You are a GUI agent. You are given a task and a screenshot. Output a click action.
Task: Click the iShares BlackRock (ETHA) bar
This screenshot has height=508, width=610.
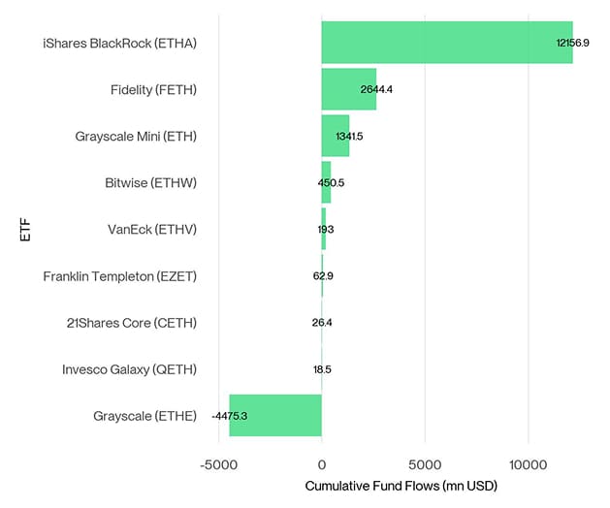coord(446,43)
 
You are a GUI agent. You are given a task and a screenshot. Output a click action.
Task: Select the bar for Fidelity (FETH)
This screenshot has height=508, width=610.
coord(348,89)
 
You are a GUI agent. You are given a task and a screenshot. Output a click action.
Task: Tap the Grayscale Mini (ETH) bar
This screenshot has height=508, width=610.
coord(335,136)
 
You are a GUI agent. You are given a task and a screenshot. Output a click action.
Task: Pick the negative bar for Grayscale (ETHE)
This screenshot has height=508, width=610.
coord(274,416)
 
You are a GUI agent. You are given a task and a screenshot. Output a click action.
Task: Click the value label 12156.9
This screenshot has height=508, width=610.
coord(572,43)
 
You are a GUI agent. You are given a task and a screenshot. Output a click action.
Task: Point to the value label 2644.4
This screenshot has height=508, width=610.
coord(376,89)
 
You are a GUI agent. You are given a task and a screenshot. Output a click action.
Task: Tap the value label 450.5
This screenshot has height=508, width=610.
coord(331,182)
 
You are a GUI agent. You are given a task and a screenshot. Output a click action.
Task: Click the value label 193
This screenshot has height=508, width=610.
coord(325,230)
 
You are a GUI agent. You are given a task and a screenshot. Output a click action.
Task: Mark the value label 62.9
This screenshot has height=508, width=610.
coord(323,276)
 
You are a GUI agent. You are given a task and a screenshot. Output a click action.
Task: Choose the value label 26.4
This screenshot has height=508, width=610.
coord(322,323)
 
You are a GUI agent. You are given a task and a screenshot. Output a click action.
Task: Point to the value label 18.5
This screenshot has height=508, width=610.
coord(322,369)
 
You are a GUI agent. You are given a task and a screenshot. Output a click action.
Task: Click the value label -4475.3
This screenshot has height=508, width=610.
coord(229,416)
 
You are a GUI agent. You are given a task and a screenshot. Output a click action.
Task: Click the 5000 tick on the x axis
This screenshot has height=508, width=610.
coord(425,463)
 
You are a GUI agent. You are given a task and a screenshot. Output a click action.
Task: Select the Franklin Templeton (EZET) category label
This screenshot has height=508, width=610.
coord(119,276)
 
